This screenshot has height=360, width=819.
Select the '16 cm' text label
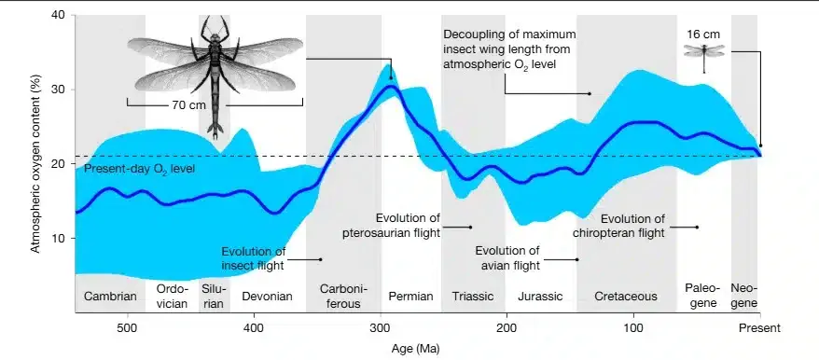click(x=703, y=35)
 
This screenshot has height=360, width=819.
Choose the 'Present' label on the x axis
click(x=759, y=328)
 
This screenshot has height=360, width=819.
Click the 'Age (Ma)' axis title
click(x=416, y=348)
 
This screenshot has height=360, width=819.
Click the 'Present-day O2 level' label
click(x=139, y=170)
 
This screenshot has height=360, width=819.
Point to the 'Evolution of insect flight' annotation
click(x=254, y=258)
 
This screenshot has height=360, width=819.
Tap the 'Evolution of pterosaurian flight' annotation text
click(x=392, y=225)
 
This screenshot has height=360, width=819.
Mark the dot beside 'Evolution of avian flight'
click(x=577, y=259)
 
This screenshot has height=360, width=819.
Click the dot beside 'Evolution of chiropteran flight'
click(x=697, y=228)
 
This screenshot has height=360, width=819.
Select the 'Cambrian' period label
click(x=110, y=297)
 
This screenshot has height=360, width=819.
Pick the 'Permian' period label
click(x=411, y=297)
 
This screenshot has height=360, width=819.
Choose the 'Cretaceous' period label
click(x=626, y=297)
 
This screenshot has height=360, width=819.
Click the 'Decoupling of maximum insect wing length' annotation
click(x=509, y=49)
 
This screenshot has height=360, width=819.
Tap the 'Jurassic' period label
click(x=540, y=297)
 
